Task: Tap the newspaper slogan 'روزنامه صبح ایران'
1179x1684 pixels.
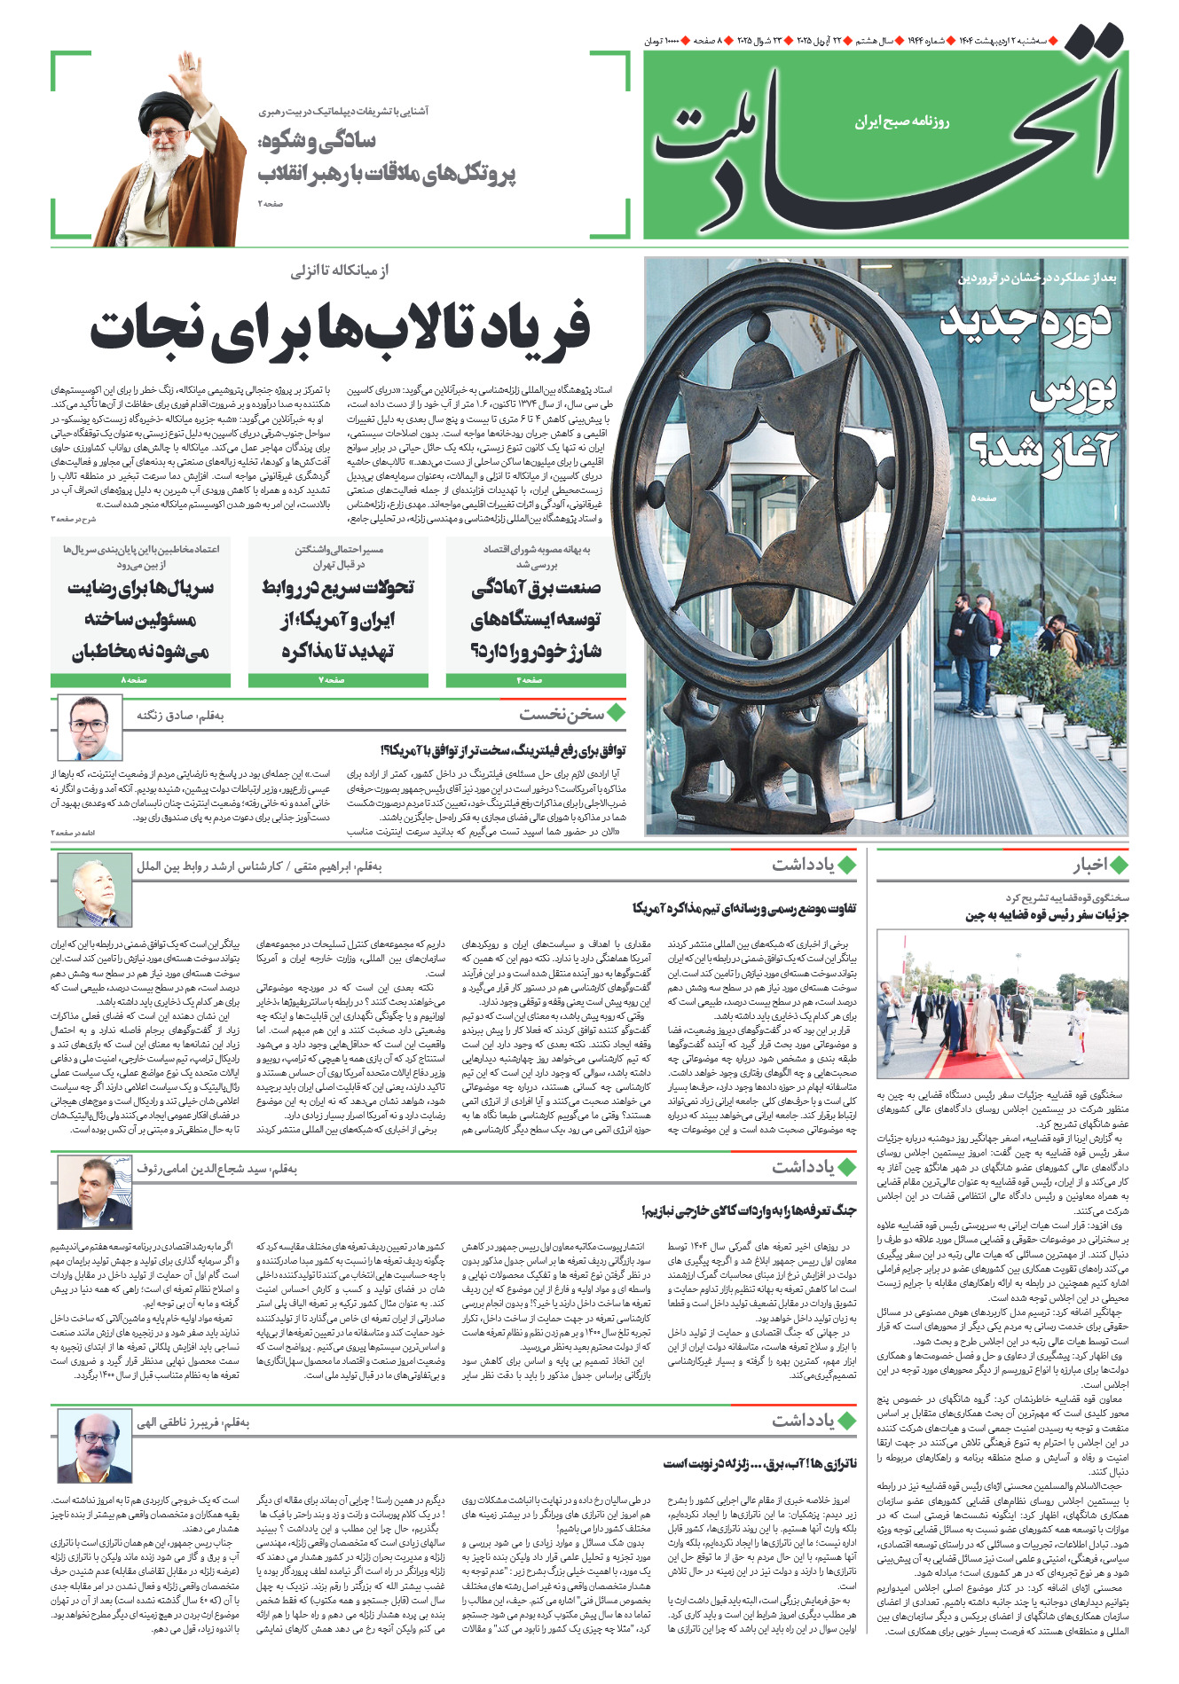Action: coord(901,121)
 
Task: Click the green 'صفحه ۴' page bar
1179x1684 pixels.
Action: coord(536,680)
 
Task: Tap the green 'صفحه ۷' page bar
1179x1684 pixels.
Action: coord(338,680)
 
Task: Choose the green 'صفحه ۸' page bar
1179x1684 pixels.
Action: coord(140,680)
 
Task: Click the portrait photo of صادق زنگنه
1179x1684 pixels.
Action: coord(90,729)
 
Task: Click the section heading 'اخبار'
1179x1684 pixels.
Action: coord(1089,865)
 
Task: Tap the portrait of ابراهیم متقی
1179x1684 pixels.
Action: coord(94,889)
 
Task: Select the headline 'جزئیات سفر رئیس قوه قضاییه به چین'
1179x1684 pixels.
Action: coord(1047,915)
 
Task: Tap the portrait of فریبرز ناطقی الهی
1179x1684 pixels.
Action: coord(94,1446)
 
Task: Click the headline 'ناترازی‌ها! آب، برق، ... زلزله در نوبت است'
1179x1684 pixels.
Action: coord(759,1463)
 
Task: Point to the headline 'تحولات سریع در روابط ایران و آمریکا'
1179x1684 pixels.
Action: coord(338,619)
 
